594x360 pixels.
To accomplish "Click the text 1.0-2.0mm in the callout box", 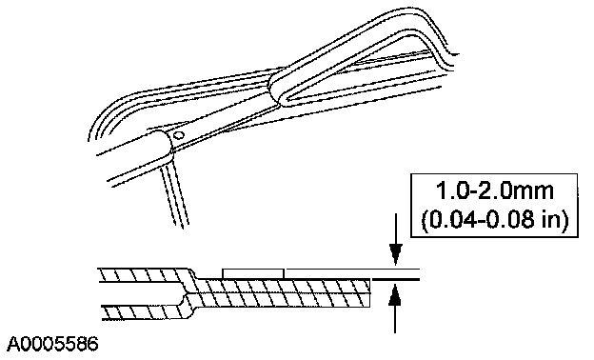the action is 495,191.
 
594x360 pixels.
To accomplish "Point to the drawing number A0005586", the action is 53,344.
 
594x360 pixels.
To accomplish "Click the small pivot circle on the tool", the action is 179,134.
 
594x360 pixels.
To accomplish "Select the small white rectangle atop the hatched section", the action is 253,273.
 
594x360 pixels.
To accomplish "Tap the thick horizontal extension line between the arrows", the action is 396,279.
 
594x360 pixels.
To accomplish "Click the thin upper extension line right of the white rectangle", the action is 352,269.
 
